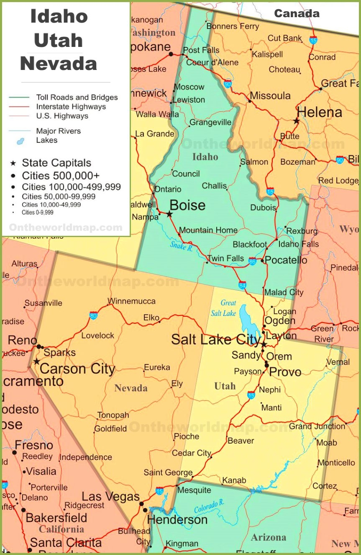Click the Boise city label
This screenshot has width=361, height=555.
[x=187, y=205]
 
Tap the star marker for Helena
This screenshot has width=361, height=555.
[x=296, y=121]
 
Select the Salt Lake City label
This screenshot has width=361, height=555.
[x=215, y=339]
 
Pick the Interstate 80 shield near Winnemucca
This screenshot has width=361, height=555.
[x=93, y=315]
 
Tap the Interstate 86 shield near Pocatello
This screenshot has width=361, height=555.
[x=252, y=261]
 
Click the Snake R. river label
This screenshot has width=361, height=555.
[x=182, y=246]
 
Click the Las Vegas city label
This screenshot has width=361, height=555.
[x=110, y=497]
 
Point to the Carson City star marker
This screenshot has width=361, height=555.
[x=37, y=361]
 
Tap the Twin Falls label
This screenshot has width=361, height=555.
[x=225, y=258]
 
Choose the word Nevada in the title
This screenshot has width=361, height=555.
[x=59, y=64]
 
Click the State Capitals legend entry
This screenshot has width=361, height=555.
[x=56, y=163]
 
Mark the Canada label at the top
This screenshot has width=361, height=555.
[x=297, y=13]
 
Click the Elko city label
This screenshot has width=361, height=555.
[x=151, y=318]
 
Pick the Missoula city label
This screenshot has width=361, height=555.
[x=270, y=96]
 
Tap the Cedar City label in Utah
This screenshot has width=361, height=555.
[x=192, y=453]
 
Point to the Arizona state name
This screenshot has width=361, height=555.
[x=269, y=537]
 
